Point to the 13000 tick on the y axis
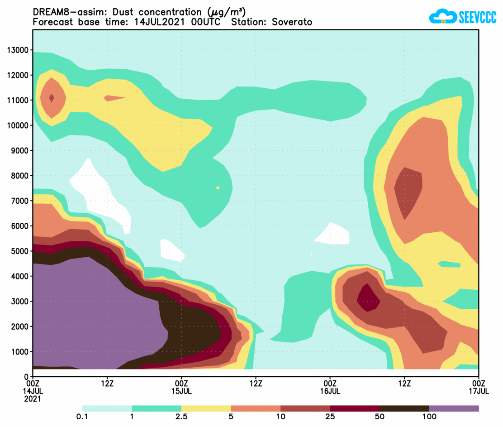click(18, 50)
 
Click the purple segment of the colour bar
click(454, 408)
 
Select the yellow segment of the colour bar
click(206, 408)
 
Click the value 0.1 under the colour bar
click(82, 417)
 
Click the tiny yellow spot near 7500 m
click(218, 187)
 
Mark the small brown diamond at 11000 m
click(52, 98)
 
